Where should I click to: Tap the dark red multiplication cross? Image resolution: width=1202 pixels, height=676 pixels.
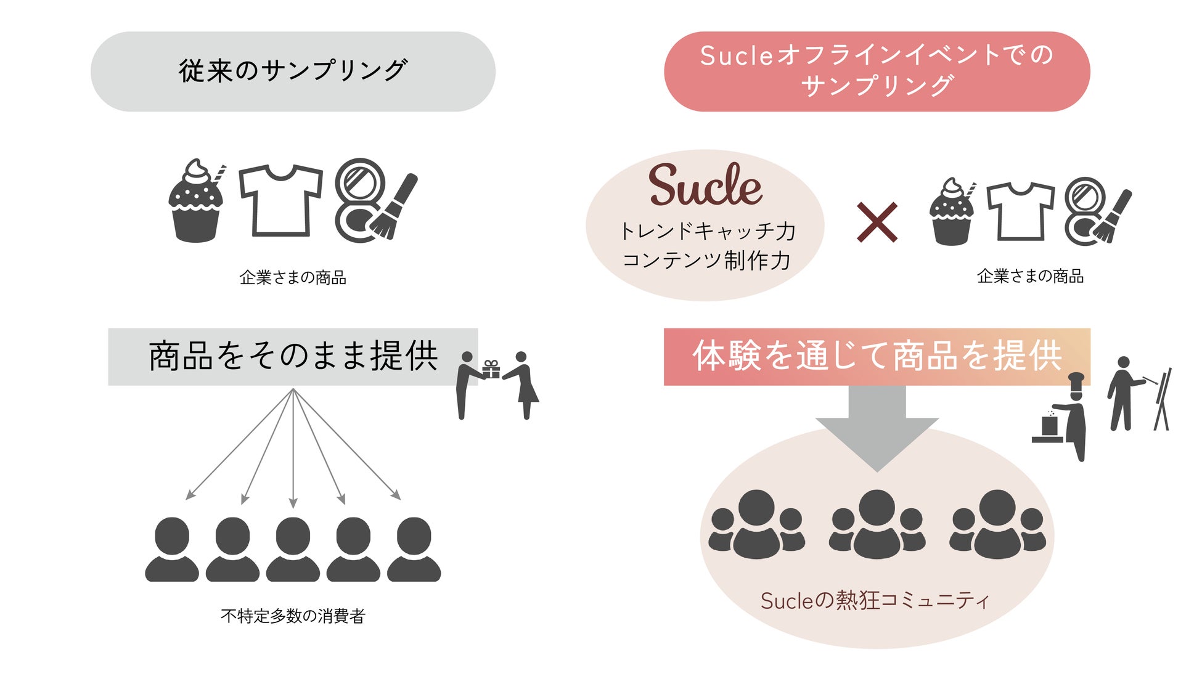(877, 222)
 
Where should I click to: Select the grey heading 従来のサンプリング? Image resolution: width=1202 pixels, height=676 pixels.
(293, 71)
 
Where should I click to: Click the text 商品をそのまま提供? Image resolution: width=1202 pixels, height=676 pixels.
(293, 356)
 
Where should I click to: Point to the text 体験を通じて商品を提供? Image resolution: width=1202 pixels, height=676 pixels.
(877, 356)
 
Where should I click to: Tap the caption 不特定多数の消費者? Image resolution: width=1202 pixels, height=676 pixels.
(293, 616)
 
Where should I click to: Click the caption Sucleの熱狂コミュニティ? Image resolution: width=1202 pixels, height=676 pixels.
(875, 600)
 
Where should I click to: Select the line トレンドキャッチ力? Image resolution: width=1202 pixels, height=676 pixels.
(707, 231)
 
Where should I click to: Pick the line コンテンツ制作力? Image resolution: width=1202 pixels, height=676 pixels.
(706, 261)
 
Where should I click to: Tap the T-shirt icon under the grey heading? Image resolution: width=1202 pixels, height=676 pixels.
(280, 200)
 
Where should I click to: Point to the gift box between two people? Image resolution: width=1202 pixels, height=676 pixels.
(491, 369)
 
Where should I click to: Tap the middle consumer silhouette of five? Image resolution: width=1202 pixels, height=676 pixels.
(293, 548)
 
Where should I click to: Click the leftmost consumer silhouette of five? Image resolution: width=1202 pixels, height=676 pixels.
(172, 548)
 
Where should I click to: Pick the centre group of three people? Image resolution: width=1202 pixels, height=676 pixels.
(877, 524)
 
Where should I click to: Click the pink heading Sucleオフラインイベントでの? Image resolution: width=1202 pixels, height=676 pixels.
(877, 55)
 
